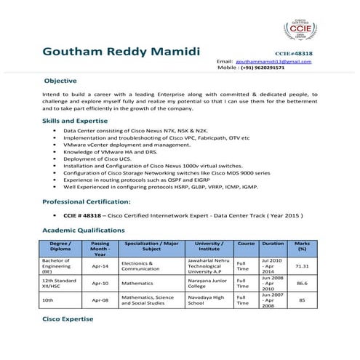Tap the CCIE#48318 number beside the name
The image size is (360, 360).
(x=294, y=54)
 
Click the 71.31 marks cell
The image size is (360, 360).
(x=303, y=265)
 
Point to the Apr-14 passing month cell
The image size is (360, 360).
(x=100, y=266)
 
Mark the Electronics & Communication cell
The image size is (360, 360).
(x=141, y=265)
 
